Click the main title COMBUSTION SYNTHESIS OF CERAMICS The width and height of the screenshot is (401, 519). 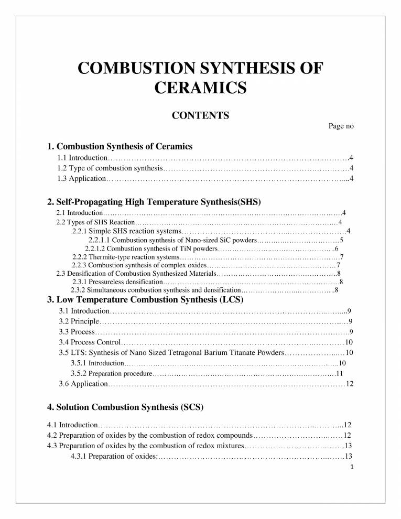pyautogui.click(x=200, y=77)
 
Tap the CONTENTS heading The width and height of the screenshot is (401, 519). pyautogui.click(x=200, y=115)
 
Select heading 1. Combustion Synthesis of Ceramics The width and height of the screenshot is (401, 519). pyautogui.click(x=120, y=146)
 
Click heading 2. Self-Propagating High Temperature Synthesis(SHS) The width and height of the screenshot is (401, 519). pyautogui.click(x=154, y=201)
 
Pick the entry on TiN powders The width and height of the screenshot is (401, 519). pyautogui.click(x=151, y=248)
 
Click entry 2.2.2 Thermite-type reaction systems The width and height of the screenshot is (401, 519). pyautogui.click(x=126, y=257)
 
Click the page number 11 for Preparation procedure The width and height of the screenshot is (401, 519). pyautogui.click(x=339, y=374)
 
